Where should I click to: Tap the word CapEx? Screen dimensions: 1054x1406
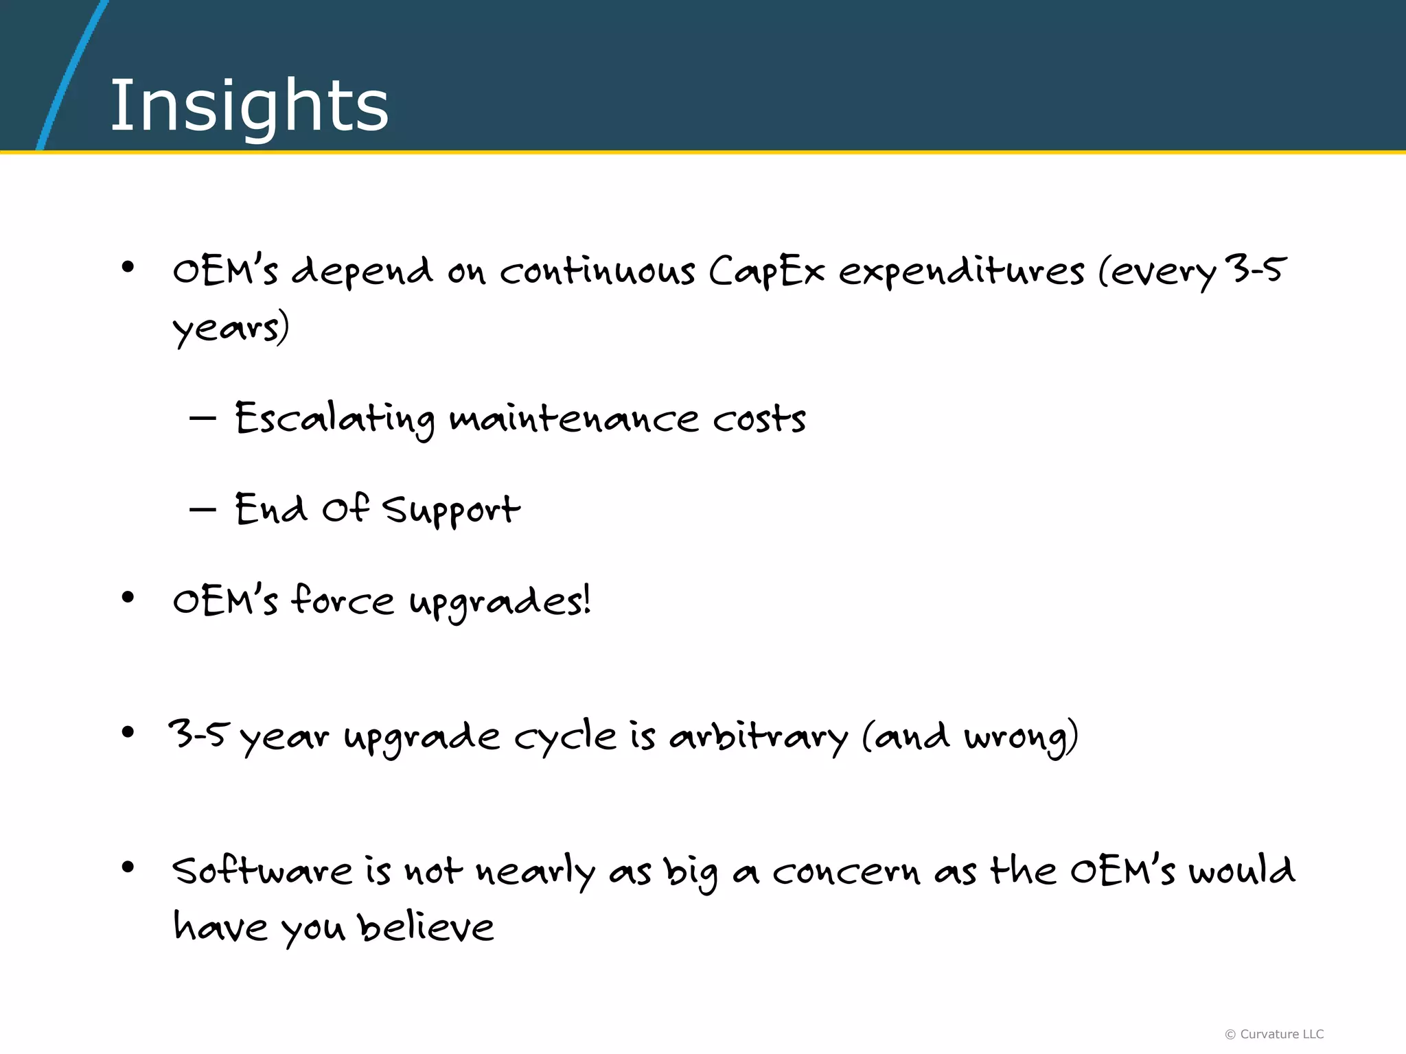(x=765, y=270)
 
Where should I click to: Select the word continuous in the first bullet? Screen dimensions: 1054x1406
(x=597, y=270)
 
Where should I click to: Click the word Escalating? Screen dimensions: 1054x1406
(x=334, y=419)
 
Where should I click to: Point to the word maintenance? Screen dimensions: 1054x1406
(x=573, y=419)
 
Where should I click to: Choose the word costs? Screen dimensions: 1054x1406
(x=759, y=419)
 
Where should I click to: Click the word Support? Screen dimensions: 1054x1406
(x=451, y=511)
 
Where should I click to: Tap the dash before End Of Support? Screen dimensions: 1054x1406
(x=203, y=509)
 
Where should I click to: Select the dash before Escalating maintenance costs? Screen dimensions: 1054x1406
(x=203, y=417)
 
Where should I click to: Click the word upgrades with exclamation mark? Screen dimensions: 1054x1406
(x=500, y=602)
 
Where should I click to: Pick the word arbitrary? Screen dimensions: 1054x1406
(x=759, y=737)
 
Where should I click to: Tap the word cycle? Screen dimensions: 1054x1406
(x=565, y=737)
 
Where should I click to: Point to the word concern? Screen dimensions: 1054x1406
(x=845, y=871)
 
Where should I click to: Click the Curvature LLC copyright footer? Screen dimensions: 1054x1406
(x=1274, y=1034)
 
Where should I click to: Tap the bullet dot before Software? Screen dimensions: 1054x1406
(x=128, y=867)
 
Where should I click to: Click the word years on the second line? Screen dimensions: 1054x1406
(x=230, y=328)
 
